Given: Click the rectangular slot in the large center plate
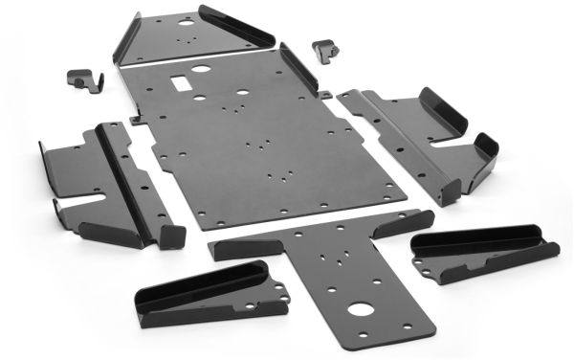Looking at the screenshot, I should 183,84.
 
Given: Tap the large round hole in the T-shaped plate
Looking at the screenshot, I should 361,310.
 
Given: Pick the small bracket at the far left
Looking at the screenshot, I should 84,79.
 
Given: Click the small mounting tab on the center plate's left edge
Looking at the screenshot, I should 137,120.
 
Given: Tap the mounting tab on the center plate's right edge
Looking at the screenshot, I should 325,94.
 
